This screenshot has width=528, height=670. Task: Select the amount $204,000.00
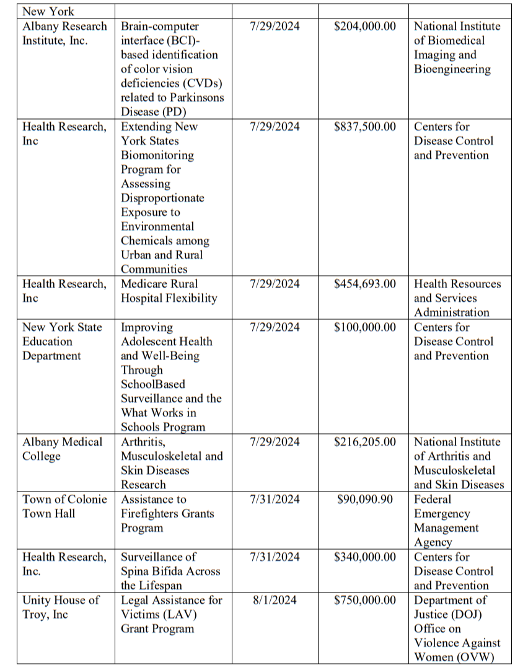(x=364, y=26)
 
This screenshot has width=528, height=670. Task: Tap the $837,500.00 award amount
(x=364, y=126)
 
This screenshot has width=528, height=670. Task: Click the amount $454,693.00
(x=364, y=284)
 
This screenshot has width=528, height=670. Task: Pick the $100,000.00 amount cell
(x=364, y=327)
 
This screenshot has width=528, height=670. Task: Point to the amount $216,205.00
(x=364, y=442)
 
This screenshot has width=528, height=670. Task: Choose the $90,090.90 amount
(x=364, y=499)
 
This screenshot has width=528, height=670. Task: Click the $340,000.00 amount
(x=364, y=557)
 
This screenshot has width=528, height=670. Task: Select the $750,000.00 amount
(x=364, y=600)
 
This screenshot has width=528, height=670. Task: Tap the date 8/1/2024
(x=274, y=600)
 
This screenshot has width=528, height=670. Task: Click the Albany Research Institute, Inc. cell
(x=64, y=33)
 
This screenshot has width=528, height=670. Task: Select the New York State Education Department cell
(x=62, y=341)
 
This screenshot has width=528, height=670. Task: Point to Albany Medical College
(x=62, y=449)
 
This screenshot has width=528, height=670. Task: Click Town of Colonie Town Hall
(x=64, y=506)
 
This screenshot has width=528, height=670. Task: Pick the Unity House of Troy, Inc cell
(x=61, y=607)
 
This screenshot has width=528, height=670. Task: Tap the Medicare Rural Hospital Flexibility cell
(x=169, y=291)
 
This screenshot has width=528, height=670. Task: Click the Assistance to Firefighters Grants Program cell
(x=167, y=513)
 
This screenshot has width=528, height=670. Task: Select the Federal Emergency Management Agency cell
(x=446, y=521)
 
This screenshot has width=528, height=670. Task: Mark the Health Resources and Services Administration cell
(x=457, y=298)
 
